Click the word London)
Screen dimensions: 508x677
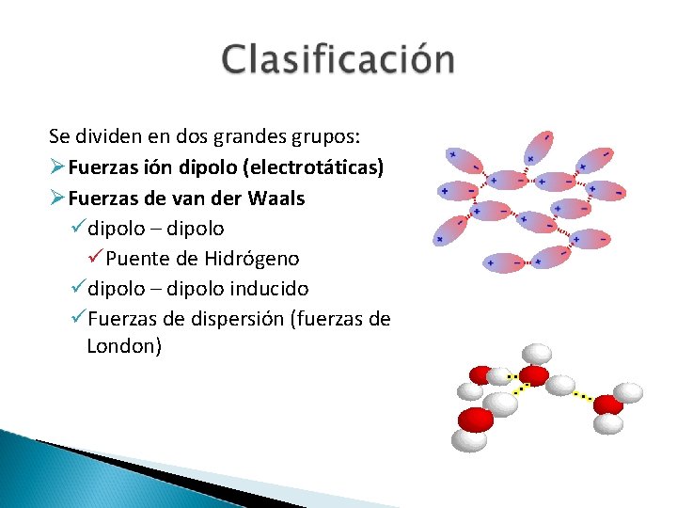click(124, 346)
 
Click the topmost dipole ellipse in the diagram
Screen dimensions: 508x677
click(540, 148)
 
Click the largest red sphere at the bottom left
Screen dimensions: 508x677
click(475, 419)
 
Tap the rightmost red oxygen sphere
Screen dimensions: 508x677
click(608, 405)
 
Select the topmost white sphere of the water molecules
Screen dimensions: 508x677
click(536, 354)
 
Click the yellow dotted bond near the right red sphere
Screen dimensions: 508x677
click(582, 395)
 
